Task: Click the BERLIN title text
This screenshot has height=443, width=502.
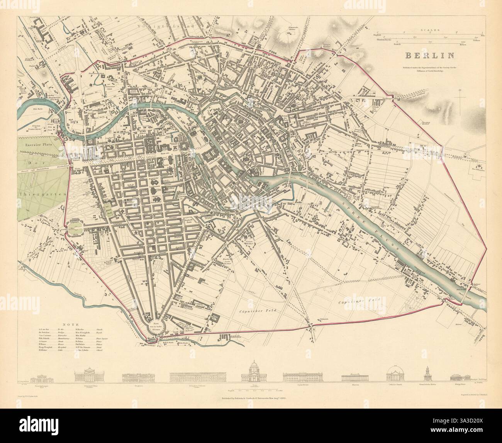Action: pos(429,56)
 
